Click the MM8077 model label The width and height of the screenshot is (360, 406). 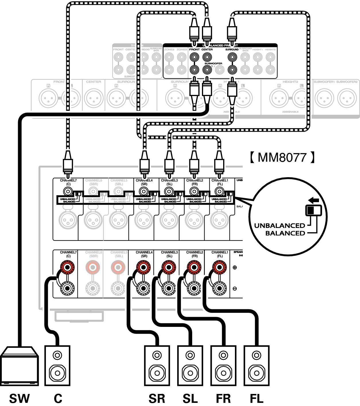click(282, 157)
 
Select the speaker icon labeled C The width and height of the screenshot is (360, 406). click(57, 366)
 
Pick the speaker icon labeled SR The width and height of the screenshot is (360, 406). click(157, 366)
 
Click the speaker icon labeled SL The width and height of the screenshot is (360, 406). click(190, 366)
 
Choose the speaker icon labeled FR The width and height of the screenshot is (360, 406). click(223, 366)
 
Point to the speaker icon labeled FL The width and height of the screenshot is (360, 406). click(257, 366)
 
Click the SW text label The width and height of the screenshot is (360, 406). click(20, 398)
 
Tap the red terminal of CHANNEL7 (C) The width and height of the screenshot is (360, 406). click(68, 268)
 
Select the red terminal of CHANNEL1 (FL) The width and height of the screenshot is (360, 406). click(219, 268)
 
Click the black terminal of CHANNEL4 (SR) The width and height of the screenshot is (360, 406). click(143, 288)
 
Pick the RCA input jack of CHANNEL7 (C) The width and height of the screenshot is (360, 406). click(68, 191)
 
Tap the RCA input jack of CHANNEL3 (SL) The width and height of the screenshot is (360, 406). click(169, 191)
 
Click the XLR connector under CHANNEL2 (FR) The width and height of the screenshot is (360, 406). click(194, 220)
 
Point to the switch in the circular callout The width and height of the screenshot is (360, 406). click(313, 210)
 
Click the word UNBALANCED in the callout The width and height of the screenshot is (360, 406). click(279, 226)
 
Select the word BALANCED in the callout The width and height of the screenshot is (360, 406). click(285, 233)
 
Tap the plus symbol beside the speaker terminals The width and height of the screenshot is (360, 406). click(235, 268)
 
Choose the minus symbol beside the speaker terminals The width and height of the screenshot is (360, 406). click(235, 288)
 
